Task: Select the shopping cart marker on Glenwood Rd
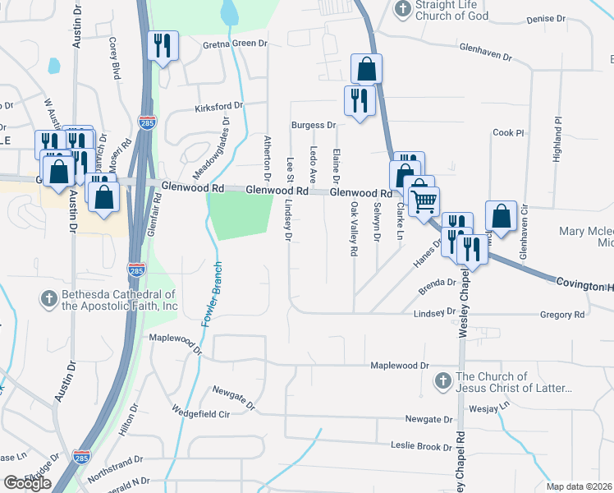pos(424,200)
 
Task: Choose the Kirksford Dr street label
pos(218,107)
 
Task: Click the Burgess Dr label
pos(314,126)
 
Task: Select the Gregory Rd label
pos(561,315)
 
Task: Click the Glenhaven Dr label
pos(484,53)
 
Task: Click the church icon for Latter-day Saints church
pos(442,380)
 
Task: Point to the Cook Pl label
pos(508,132)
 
